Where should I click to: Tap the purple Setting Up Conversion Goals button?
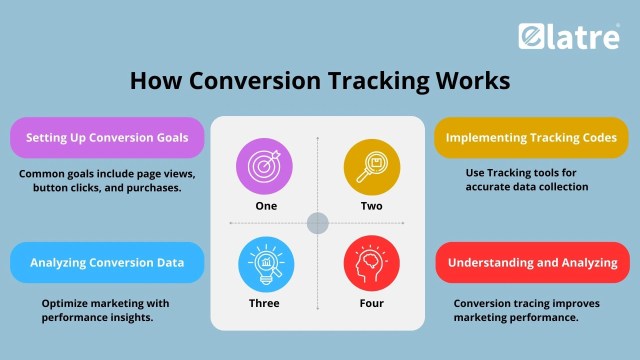point(108,138)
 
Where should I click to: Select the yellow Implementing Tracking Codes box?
point(531,138)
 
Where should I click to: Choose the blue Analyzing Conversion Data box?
point(108,263)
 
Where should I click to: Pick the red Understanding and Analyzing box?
point(531,263)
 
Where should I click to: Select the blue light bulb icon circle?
point(266,263)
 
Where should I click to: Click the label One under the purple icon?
point(266,205)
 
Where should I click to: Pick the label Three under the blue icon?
point(266,303)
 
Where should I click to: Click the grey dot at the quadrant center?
point(318,222)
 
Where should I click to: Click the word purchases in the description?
point(156,187)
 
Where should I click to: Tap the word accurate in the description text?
point(489,187)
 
